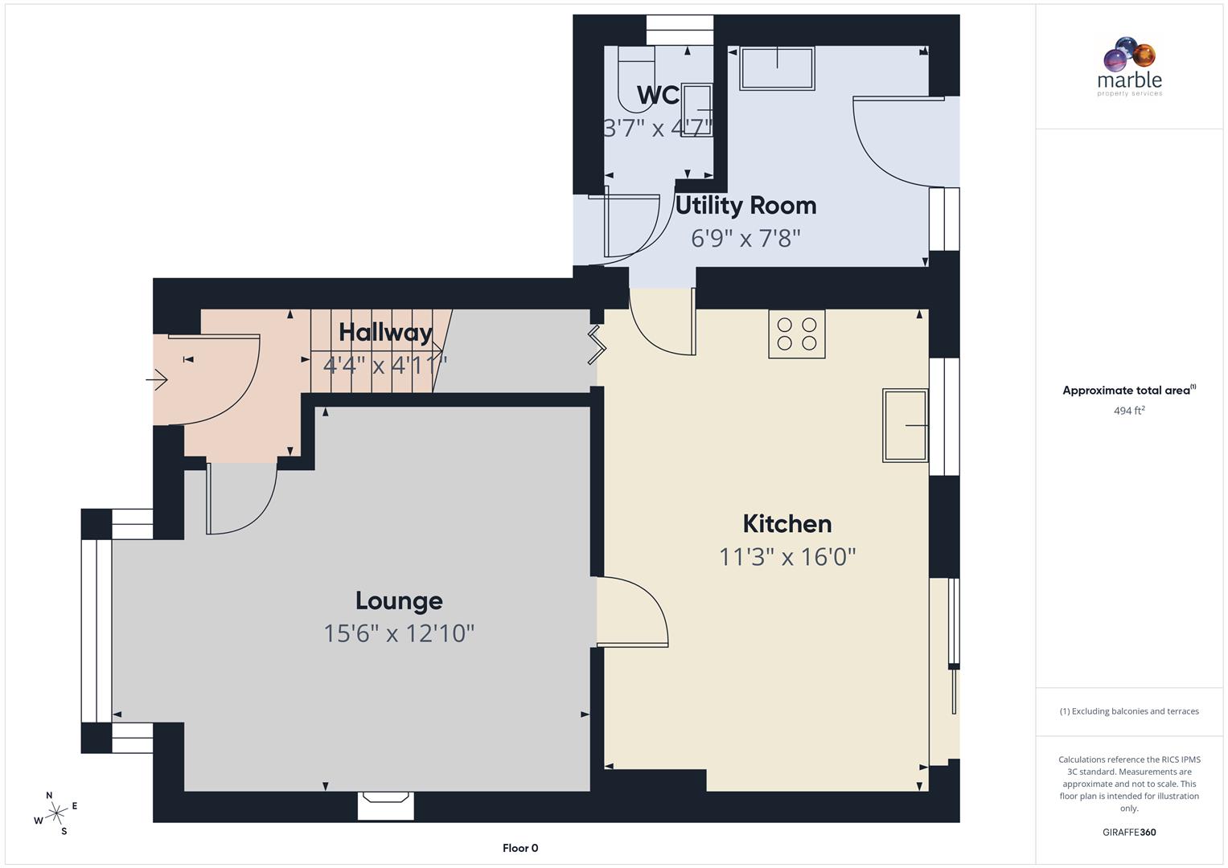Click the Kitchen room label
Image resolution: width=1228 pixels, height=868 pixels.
[x=786, y=524]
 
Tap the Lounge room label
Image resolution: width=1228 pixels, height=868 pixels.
[x=399, y=601]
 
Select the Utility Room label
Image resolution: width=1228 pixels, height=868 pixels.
[x=745, y=206]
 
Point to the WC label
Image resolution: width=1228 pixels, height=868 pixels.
[x=658, y=95]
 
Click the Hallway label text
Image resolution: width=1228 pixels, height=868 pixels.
[x=385, y=332]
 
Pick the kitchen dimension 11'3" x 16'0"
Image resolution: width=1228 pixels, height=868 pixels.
[x=786, y=556]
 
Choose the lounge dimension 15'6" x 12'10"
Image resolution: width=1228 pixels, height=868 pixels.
[x=399, y=633]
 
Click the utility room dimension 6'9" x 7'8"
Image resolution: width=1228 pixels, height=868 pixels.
[x=745, y=238]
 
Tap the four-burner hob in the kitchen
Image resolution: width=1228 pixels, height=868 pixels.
[x=796, y=334]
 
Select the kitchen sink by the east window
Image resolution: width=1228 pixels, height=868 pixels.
[x=906, y=425]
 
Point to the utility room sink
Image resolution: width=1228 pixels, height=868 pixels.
[x=777, y=67]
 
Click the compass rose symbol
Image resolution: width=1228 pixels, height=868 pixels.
[x=56, y=813]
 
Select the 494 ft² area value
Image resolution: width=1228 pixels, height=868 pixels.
[x=1129, y=411]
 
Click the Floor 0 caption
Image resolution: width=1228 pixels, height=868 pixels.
[x=520, y=848]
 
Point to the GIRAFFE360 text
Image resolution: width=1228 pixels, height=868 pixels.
[x=1129, y=832]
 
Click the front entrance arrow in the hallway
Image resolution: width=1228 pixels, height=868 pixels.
[x=157, y=379]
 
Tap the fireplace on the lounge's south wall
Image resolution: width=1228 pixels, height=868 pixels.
[x=386, y=802]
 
